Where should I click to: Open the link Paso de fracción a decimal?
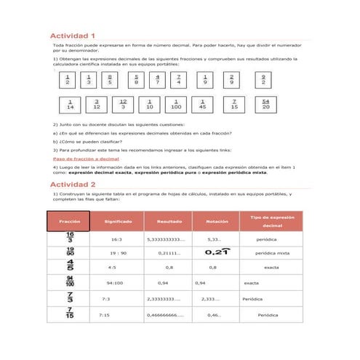coord(87,159)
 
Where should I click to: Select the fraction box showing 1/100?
coord(176,105)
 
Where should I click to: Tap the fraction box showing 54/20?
coord(265,105)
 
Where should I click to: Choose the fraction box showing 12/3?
coord(123,105)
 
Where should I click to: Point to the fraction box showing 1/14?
coord(70,105)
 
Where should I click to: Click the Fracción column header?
coord(70,221)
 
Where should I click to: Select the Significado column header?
coord(118,221)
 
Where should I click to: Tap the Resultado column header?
coord(169,221)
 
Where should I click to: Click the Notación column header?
coord(217,221)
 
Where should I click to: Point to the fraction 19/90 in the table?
coord(70,252)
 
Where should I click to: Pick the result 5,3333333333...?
coord(166,239)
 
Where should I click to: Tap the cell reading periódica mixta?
coord(272,253)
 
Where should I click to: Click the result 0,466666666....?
coord(165,316)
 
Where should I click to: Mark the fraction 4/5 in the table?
coord(70,267)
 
